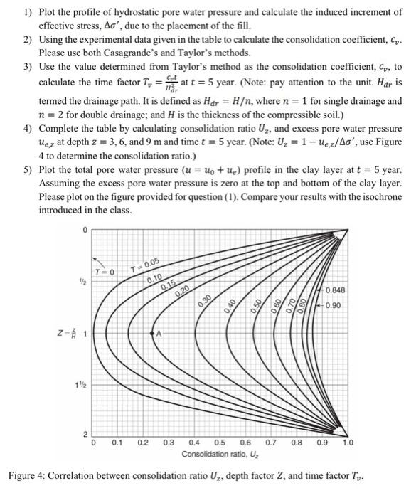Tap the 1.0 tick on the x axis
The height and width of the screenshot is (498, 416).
347,443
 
